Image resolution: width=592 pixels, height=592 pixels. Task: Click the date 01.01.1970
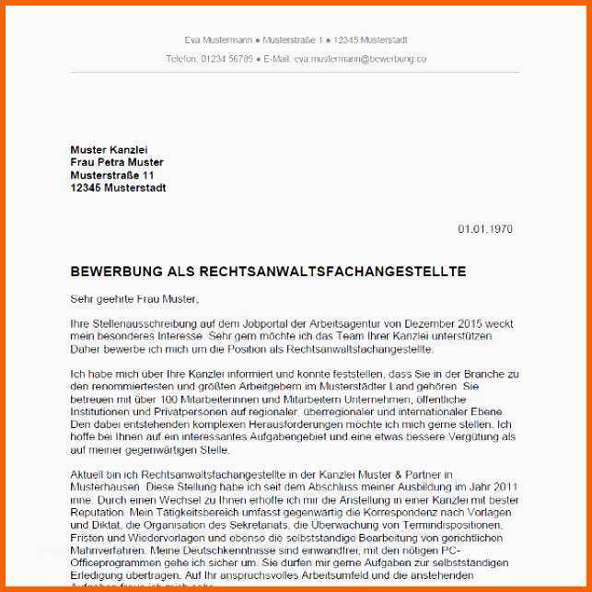485,229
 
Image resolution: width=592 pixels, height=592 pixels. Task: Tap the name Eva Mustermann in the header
217,41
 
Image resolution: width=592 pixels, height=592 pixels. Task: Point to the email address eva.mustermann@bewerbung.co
360,58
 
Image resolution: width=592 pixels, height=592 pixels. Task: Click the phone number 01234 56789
226,58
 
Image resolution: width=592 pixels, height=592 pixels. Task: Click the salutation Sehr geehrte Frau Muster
133,298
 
